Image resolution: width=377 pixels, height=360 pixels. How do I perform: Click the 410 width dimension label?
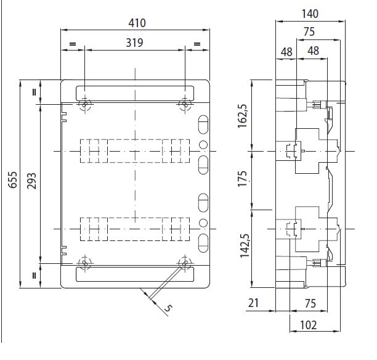137,23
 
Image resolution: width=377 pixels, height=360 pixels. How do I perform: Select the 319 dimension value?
135,43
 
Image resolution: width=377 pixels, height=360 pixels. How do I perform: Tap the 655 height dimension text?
12,180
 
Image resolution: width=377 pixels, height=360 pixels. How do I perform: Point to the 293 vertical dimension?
31,181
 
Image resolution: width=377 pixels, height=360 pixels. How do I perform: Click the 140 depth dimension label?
310,14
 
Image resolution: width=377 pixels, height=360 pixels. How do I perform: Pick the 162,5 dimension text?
242,117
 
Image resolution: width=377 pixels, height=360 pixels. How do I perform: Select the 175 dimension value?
242,179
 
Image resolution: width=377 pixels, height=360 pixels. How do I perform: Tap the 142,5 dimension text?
245,245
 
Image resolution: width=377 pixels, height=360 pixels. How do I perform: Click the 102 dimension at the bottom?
309,325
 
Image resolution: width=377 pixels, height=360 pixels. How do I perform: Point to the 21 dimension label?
253,303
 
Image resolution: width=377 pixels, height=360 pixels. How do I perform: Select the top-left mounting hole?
85,105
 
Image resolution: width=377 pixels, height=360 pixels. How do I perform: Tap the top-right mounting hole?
185,105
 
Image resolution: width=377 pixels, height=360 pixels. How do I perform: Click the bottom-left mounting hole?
85,263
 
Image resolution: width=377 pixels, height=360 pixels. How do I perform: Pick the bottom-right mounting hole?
185,263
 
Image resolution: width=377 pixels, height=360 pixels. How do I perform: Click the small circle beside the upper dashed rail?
203,145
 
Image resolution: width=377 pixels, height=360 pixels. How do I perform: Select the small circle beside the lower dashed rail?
203,223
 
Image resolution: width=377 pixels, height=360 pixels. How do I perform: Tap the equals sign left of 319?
73,44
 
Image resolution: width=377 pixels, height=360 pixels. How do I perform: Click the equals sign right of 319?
197,44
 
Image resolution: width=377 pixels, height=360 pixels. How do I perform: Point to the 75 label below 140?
309,31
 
